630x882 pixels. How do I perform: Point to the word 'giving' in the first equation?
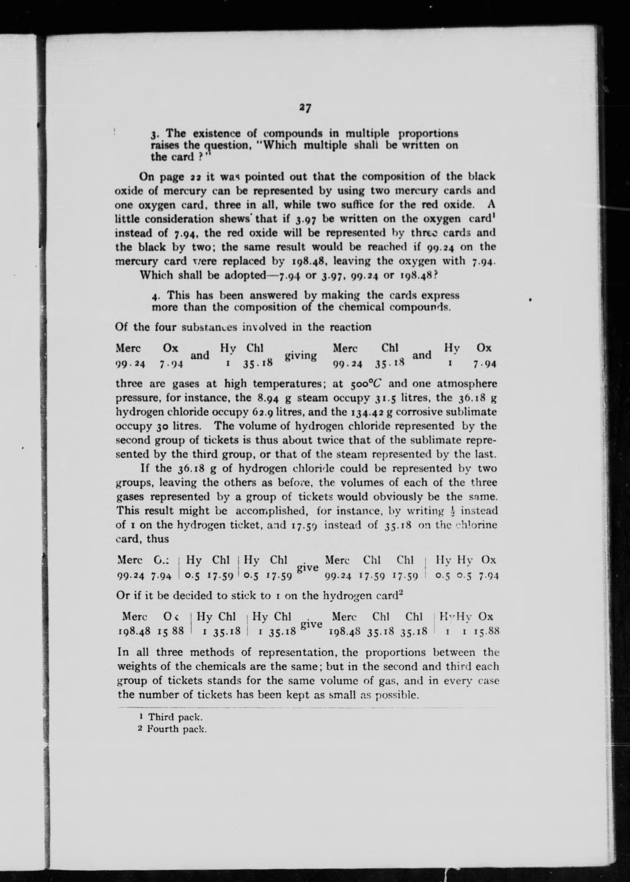pyautogui.click(x=301, y=355)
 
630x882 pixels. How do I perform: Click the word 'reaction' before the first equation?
pyautogui.click(x=351, y=327)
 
